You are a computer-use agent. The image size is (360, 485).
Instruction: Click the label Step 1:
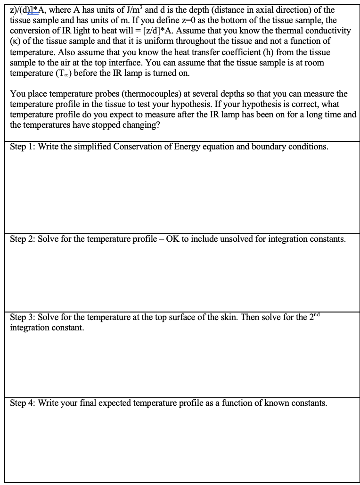23,147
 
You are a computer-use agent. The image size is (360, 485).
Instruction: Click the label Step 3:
23,317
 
